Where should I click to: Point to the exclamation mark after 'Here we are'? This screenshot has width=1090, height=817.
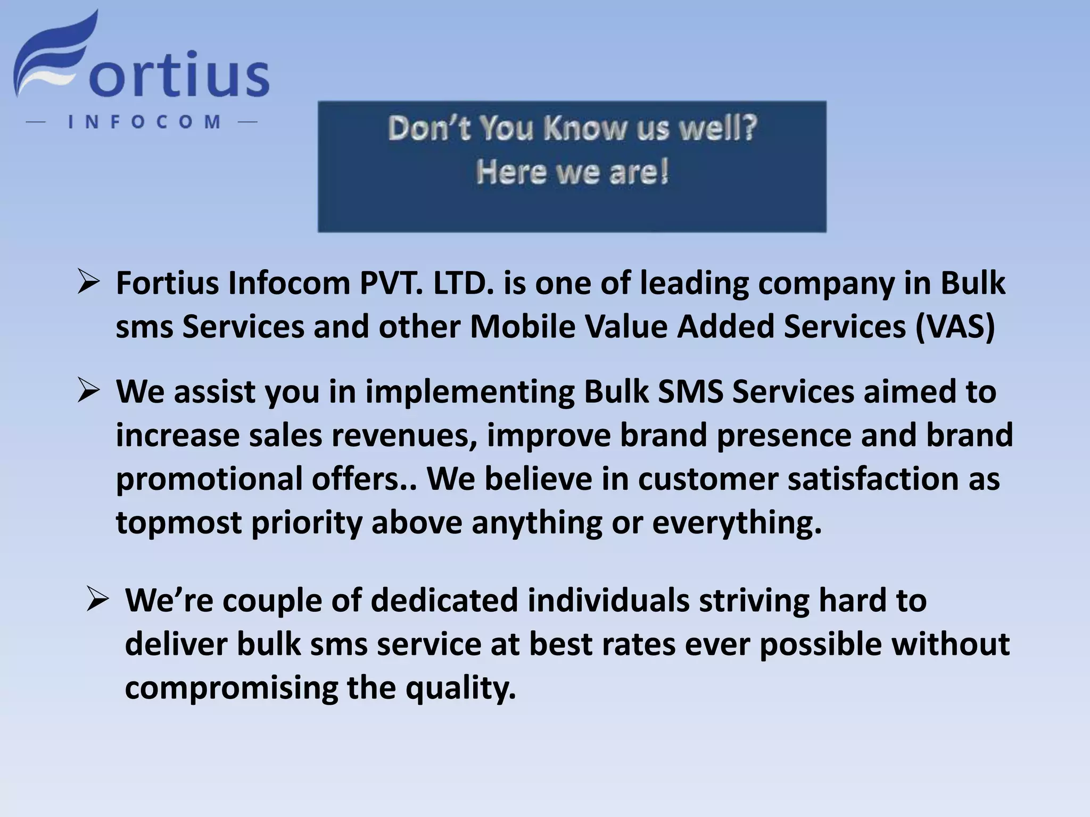663,172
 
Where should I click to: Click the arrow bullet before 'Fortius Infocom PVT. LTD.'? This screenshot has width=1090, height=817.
88,282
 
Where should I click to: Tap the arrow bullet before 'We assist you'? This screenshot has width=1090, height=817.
88,391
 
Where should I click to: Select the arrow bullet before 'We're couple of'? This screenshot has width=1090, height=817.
97,600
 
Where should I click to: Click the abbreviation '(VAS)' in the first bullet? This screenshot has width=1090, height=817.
955,327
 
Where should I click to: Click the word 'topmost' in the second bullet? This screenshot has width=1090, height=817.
179,523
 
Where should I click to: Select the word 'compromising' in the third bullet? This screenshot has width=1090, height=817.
231,688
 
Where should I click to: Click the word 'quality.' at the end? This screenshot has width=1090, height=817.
461,688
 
